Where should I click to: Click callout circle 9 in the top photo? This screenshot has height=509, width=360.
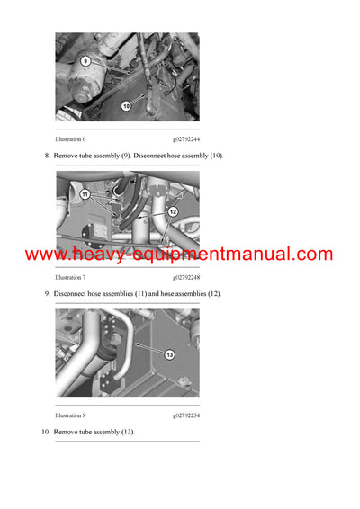pyautogui.click(x=85, y=61)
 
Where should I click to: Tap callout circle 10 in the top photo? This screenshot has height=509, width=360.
pyautogui.click(x=126, y=105)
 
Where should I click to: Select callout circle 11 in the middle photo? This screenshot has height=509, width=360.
pyautogui.click(x=85, y=193)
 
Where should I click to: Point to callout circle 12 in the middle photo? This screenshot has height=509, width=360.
pyautogui.click(x=174, y=211)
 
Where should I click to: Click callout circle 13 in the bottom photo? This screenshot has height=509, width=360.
pyautogui.click(x=168, y=355)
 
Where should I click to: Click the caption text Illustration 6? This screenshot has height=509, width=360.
pyautogui.click(x=70, y=140)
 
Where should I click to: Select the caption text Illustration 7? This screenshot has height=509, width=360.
pyautogui.click(x=70, y=278)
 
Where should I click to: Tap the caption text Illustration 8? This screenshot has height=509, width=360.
pyautogui.click(x=70, y=416)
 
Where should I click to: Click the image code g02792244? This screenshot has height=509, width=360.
pyautogui.click(x=186, y=140)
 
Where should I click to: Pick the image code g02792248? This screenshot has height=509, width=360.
pyautogui.click(x=186, y=278)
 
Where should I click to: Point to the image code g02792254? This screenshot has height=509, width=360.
pyautogui.click(x=186, y=416)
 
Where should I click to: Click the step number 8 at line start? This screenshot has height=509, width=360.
pyautogui.click(x=47, y=156)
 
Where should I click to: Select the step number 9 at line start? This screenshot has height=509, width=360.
pyautogui.click(x=47, y=294)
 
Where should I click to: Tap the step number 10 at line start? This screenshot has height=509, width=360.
pyautogui.click(x=45, y=433)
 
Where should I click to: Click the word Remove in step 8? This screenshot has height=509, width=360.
pyautogui.click(x=67, y=156)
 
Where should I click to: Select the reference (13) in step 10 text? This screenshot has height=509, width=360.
pyautogui.click(x=125, y=433)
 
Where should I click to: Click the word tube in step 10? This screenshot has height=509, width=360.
pyautogui.click(x=85, y=433)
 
